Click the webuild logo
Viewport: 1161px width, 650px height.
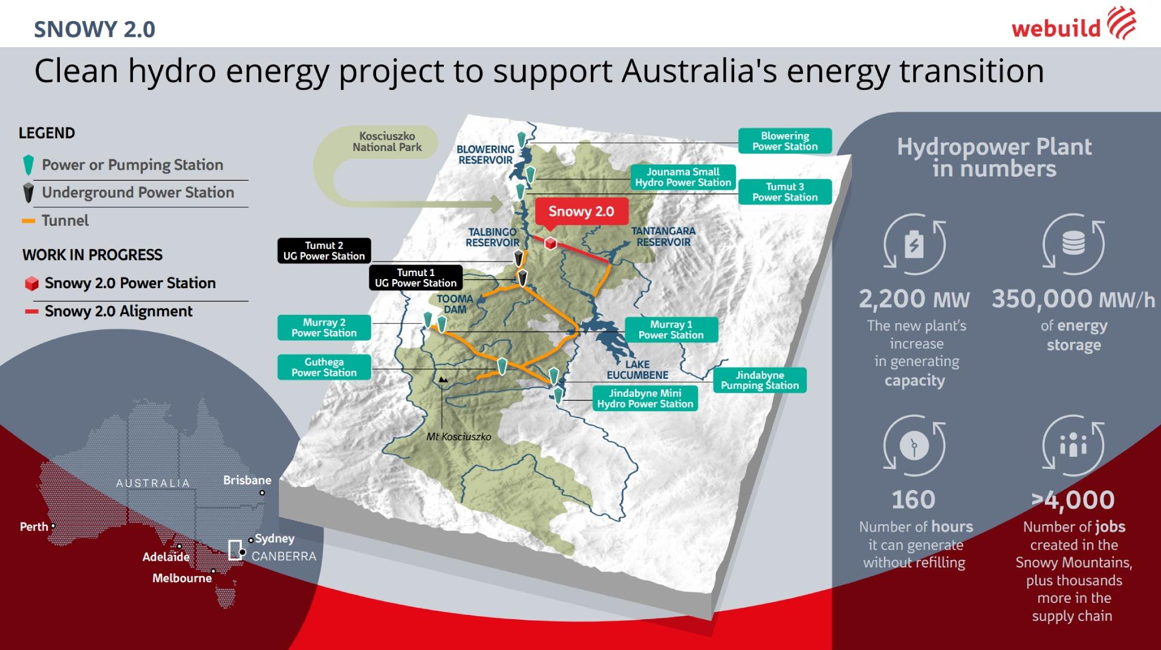click(x=1073, y=25)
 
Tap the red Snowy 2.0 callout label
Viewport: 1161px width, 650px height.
click(x=581, y=212)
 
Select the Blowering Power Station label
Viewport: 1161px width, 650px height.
click(x=785, y=141)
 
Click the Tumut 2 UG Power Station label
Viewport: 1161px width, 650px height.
click(x=324, y=251)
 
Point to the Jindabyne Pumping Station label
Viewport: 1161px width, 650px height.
click(x=759, y=381)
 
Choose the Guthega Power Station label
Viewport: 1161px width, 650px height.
click(x=324, y=367)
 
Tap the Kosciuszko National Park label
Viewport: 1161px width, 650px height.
click(x=387, y=142)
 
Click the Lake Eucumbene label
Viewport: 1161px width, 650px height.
click(x=637, y=370)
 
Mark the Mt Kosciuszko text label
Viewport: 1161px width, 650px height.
click(x=458, y=437)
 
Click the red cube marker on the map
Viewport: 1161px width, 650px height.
click(x=550, y=243)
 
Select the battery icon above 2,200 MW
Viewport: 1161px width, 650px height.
click(x=914, y=245)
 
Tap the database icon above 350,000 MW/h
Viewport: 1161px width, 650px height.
click(x=1073, y=245)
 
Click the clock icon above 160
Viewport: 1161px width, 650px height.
click(x=914, y=446)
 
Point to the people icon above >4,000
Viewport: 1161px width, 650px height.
click(x=1073, y=446)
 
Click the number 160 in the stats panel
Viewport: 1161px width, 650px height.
click(x=914, y=500)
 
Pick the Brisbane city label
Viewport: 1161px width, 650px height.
click(x=247, y=481)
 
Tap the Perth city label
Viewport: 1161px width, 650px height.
click(x=34, y=527)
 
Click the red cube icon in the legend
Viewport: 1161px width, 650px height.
click(x=31, y=283)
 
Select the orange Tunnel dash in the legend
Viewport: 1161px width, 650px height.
click(x=28, y=221)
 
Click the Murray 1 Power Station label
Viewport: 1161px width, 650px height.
click(x=671, y=330)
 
